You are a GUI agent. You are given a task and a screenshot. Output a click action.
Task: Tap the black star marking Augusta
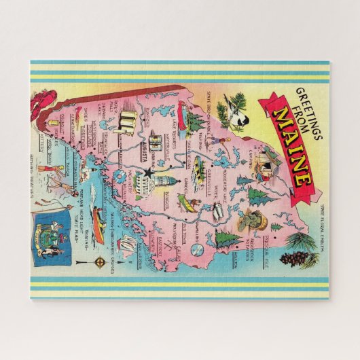click(146, 176)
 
